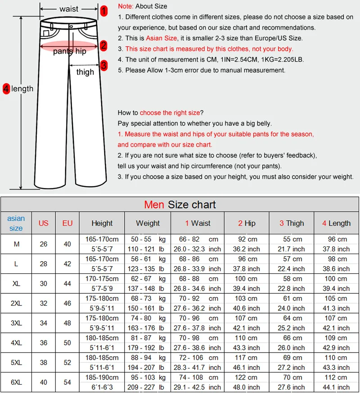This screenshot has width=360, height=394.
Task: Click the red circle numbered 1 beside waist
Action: (x=104, y=11)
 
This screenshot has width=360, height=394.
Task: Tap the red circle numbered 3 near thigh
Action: (x=104, y=65)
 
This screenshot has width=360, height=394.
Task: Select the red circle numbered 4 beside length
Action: (x=6, y=89)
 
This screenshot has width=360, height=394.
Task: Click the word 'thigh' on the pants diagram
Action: (x=85, y=72)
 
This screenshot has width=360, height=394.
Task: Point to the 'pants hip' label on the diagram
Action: (x=69, y=51)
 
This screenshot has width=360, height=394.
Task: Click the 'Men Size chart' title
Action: (x=180, y=205)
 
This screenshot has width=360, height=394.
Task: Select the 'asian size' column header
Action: (x=16, y=223)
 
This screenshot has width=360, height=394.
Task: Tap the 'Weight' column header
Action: (x=148, y=223)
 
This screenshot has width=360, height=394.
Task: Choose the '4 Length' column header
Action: (x=336, y=223)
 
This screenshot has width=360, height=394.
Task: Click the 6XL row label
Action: (x=16, y=382)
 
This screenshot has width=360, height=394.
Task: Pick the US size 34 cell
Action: (x=43, y=323)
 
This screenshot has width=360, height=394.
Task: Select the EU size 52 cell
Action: (x=67, y=363)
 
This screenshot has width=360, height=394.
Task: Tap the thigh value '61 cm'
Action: (x=292, y=299)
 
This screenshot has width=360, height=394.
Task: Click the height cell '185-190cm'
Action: (x=102, y=377)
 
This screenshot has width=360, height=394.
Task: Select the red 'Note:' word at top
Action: (x=126, y=6)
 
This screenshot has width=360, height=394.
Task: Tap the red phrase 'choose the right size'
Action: (x=169, y=113)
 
